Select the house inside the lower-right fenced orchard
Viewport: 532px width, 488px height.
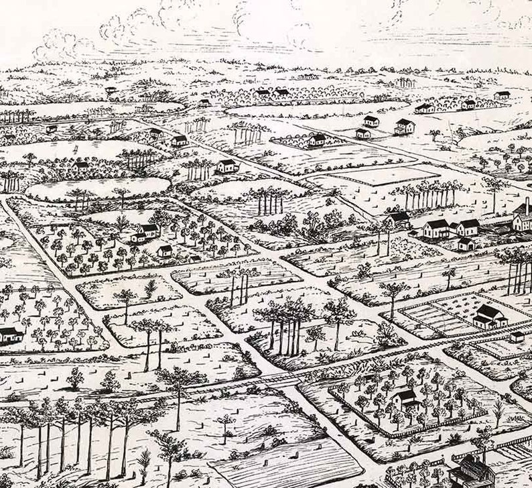405,400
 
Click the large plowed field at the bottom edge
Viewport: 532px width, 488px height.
288,463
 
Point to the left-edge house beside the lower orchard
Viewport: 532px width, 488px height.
9,334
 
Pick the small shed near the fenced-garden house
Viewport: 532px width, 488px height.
517,337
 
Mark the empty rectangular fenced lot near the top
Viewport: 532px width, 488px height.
386,175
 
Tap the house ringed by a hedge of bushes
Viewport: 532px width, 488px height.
317,140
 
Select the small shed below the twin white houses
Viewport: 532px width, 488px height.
465,244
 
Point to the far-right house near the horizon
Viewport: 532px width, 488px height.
502,95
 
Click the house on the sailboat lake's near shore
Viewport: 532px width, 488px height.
80,166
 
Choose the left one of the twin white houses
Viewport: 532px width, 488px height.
436,229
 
